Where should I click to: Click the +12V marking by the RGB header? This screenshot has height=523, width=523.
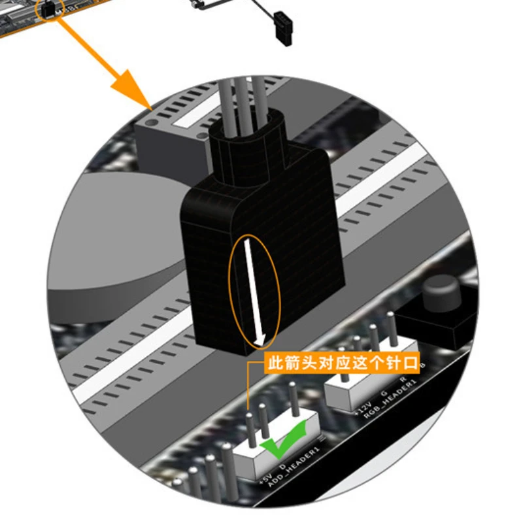(x=362, y=408)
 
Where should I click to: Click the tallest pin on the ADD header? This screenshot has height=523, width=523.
(x=295, y=399)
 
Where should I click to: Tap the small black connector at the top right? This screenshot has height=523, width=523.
(x=285, y=27)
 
